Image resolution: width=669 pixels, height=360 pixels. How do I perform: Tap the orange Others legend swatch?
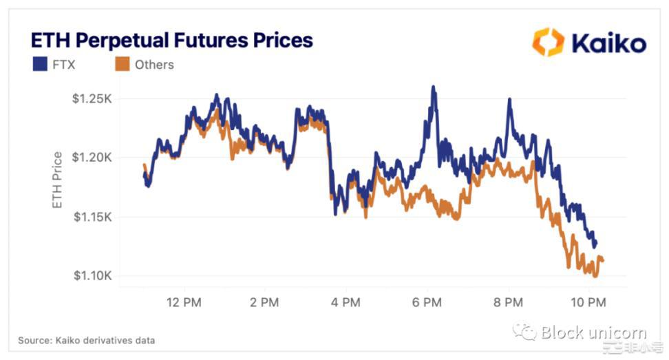[122, 65]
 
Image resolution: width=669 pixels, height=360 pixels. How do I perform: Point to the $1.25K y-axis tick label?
[92, 98]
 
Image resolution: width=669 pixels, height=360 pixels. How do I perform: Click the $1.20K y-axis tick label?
[92, 158]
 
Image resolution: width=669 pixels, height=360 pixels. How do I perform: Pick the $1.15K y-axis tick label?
[92, 217]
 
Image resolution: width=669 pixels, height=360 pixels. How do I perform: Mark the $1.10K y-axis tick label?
[92, 276]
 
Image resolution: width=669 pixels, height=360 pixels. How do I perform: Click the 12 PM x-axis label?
[184, 302]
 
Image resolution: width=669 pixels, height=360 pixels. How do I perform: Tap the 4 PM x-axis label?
[346, 302]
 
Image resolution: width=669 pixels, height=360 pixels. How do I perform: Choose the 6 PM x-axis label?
[427, 302]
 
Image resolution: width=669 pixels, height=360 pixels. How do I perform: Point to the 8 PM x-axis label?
[509, 302]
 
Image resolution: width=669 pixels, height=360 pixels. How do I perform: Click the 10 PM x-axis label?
[588, 302]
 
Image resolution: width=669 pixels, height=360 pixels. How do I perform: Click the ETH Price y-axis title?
[58, 180]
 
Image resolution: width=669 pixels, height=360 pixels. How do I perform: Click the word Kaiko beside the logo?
[608, 43]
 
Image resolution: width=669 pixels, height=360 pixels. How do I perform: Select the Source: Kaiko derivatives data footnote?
[87, 340]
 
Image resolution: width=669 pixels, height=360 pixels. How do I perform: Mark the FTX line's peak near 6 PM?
[433, 87]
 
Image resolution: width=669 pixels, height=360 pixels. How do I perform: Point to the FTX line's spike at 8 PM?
[509, 100]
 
